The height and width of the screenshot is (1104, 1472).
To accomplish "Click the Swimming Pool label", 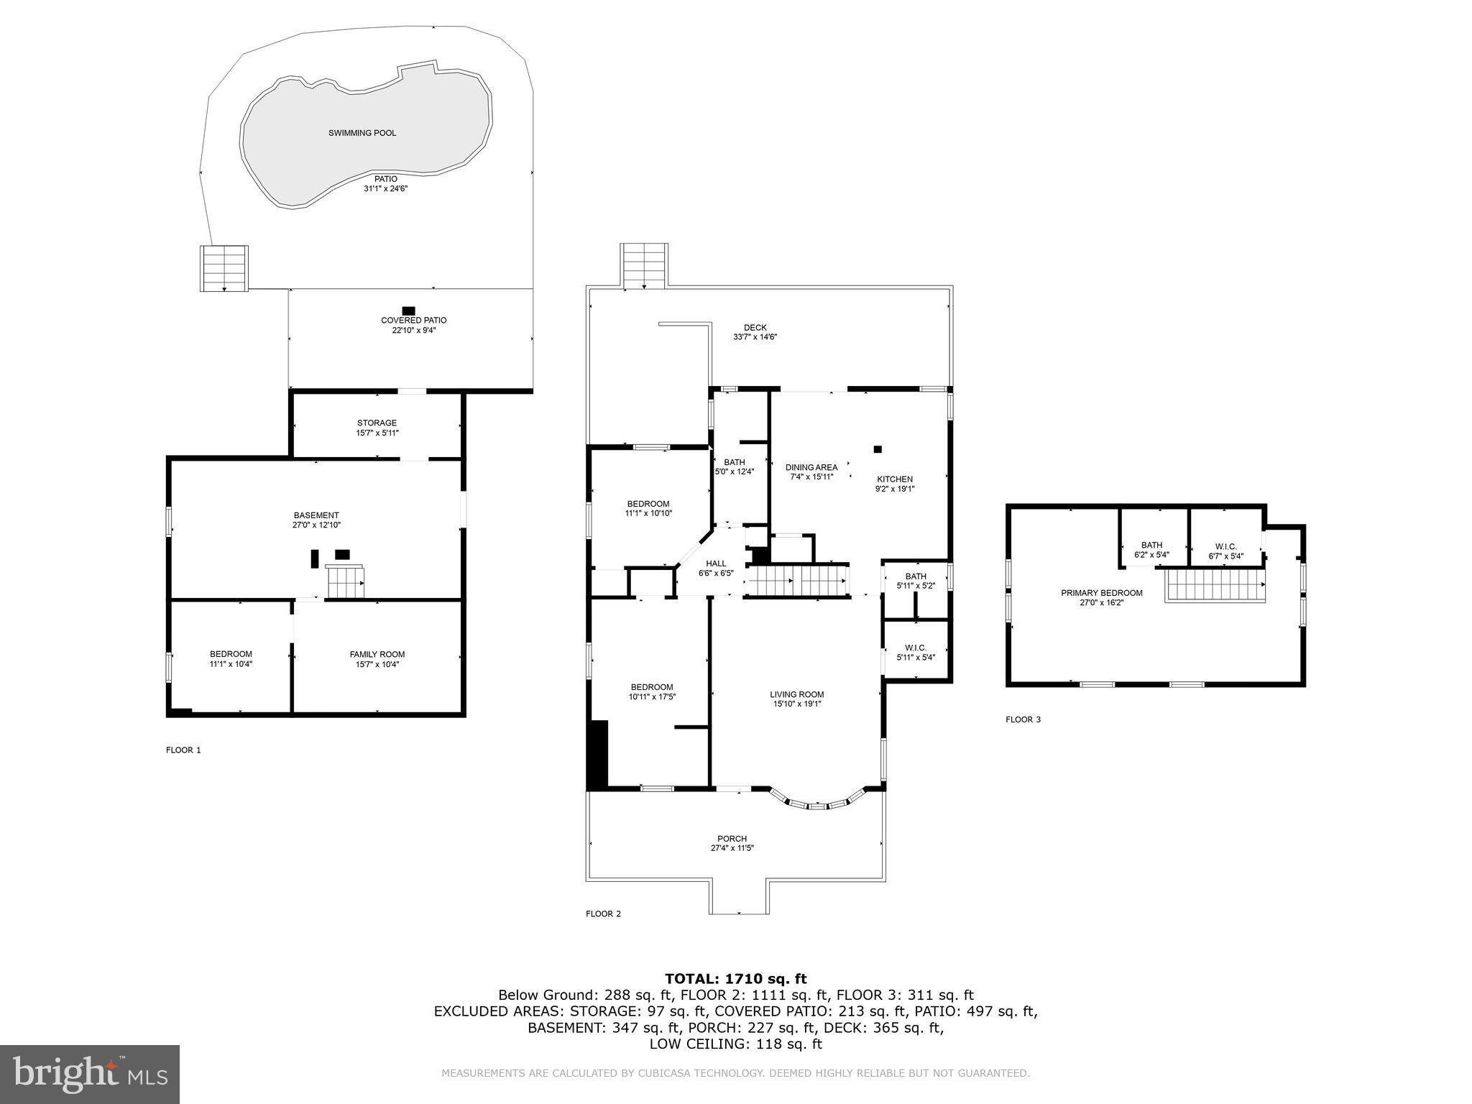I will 362,133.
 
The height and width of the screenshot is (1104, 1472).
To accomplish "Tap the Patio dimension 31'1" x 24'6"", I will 385,188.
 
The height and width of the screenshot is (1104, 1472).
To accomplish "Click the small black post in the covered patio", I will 409,311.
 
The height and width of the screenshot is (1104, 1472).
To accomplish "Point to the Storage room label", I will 377,423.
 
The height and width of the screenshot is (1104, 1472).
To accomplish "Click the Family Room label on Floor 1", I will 377,654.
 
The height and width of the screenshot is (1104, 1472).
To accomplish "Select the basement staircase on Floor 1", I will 346,581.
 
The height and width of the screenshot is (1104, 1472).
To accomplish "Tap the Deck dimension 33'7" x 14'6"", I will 755,337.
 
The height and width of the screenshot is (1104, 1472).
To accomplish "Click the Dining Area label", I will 811,467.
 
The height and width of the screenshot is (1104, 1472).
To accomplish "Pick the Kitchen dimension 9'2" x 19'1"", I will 894,489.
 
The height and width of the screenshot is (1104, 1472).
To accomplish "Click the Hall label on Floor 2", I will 715,563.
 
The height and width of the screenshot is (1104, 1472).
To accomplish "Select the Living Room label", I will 796,694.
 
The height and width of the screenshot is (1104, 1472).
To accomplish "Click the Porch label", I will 732,839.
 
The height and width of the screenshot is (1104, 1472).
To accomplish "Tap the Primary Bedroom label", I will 1101,593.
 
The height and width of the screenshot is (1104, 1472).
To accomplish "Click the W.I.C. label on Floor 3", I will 1225,546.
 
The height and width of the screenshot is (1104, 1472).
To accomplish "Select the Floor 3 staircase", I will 1215,584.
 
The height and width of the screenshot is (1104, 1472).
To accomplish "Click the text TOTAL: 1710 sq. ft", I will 735,978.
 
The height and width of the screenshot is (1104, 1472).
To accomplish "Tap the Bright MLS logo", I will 90,1075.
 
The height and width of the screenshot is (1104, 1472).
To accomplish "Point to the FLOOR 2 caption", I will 603,914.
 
